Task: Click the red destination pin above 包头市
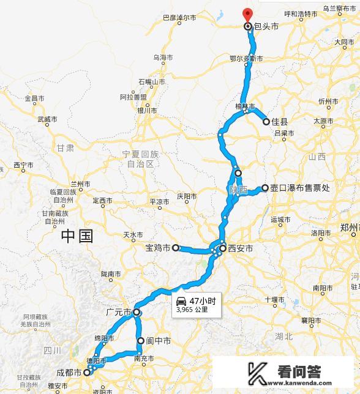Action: (247, 14)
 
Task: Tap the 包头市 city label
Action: (267, 27)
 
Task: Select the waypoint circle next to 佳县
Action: (266, 122)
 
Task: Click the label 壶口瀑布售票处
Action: (300, 188)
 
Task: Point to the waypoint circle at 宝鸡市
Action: (175, 248)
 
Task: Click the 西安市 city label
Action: (240, 248)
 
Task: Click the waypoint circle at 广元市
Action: (137, 313)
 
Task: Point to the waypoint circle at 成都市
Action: (87, 372)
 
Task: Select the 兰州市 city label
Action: (80, 184)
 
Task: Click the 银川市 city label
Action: (146, 111)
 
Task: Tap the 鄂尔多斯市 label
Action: (246, 59)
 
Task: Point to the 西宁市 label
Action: (23, 165)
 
